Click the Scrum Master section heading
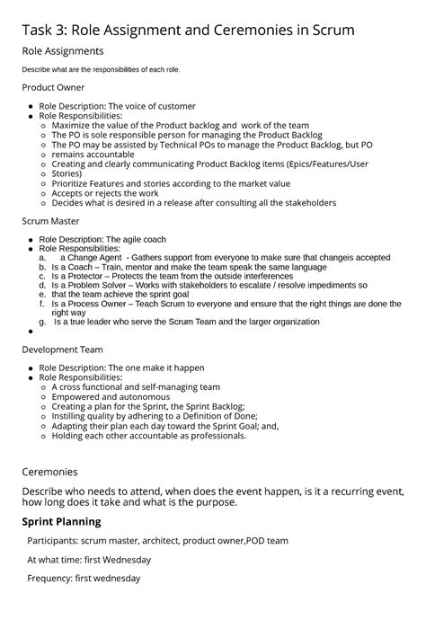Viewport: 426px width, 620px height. (x=52, y=219)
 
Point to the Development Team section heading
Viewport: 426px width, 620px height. (x=62, y=350)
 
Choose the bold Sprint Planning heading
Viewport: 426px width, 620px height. (x=61, y=521)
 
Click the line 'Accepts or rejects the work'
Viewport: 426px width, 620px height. (x=105, y=193)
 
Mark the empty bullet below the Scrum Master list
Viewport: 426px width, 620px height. (x=31, y=331)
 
